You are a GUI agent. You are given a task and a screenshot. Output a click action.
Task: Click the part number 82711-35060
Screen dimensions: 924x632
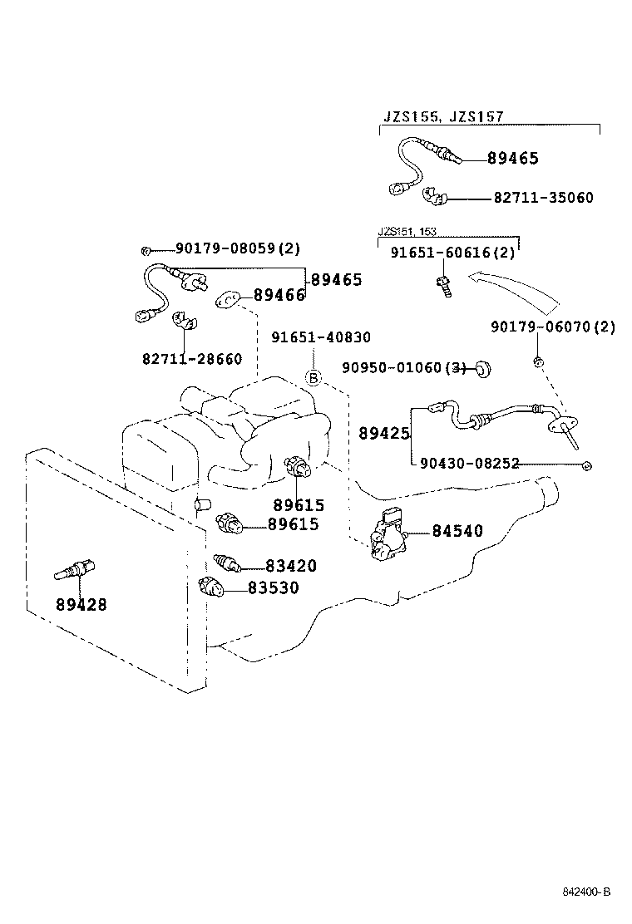(543, 198)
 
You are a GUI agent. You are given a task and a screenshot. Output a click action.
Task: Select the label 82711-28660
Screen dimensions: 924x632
(192, 359)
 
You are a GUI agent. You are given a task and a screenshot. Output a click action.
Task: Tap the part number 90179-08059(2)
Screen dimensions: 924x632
(237, 248)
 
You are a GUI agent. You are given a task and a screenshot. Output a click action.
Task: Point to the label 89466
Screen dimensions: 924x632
(279, 295)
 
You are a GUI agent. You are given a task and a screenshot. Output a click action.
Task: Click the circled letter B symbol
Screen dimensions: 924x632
(314, 378)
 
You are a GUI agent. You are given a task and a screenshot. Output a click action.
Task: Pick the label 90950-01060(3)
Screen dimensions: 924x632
(403, 367)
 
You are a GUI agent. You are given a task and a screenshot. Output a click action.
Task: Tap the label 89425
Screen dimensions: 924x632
(383, 433)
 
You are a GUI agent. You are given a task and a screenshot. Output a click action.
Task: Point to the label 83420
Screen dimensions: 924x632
(291, 566)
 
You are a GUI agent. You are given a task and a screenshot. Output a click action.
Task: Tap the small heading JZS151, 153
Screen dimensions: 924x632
(407, 232)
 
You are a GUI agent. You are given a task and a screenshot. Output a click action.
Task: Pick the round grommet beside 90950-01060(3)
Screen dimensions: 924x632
(481, 368)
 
